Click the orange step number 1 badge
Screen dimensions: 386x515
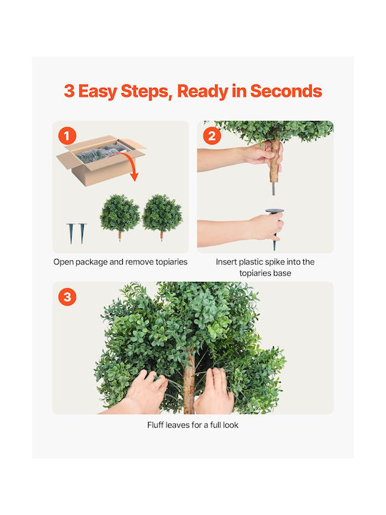(67, 136)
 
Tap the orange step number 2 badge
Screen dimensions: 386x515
(212, 136)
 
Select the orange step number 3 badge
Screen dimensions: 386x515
(67, 297)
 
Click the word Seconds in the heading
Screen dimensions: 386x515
(286, 91)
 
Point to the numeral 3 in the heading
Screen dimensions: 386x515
(69, 91)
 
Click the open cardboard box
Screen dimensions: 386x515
(101, 160)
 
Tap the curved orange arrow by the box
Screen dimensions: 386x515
(129, 165)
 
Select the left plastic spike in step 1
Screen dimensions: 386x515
(71, 233)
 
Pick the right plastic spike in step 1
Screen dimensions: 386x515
(82, 233)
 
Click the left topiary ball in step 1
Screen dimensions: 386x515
(120, 215)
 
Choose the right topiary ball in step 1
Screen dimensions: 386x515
(162, 215)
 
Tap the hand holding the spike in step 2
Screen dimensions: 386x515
(266, 227)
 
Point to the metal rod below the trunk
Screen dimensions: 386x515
(273, 189)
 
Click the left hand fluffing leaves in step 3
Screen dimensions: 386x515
(144, 393)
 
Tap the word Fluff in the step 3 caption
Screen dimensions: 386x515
(155, 425)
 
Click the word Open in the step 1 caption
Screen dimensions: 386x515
(64, 262)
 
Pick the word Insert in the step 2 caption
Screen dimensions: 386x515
(226, 262)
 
